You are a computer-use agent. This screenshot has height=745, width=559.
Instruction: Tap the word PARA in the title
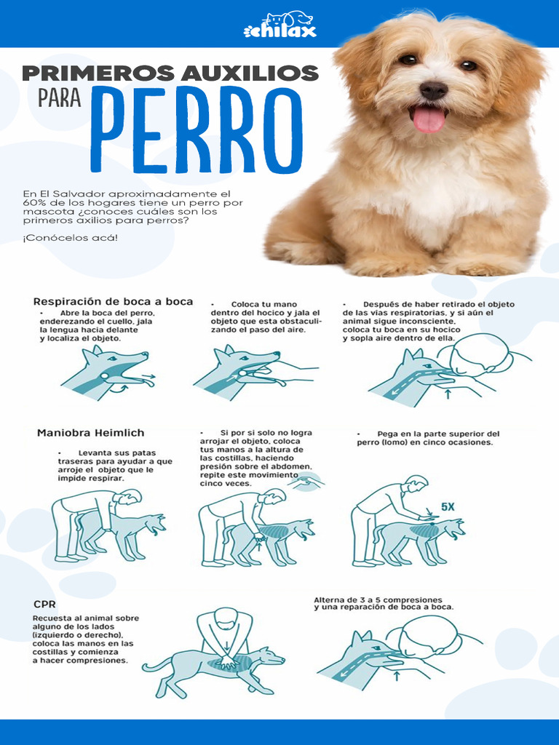(x=59, y=98)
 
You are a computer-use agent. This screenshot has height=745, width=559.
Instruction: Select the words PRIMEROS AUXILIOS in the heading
(x=170, y=73)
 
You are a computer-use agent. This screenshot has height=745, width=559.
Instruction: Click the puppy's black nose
(x=433, y=90)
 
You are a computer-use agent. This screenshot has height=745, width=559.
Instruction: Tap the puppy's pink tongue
(x=429, y=119)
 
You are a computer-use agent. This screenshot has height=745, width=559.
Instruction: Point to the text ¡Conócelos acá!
(x=70, y=238)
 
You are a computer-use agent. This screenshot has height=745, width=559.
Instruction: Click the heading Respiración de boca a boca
(x=113, y=301)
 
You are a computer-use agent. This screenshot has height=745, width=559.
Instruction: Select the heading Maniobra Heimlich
(x=92, y=432)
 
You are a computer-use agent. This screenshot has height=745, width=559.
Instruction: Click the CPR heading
(x=45, y=603)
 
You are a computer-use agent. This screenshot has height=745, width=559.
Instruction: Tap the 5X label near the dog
(x=448, y=506)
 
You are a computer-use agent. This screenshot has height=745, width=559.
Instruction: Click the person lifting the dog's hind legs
(x=84, y=520)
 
